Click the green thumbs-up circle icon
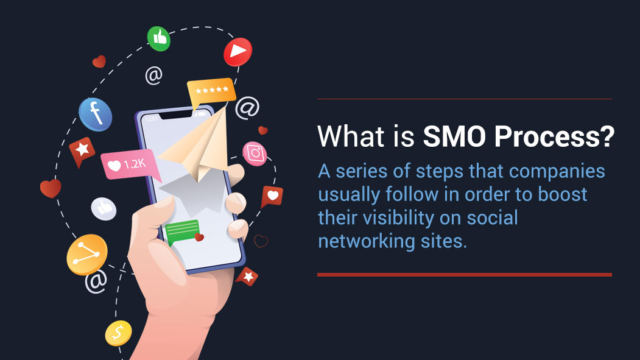(159, 38)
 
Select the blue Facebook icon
(96, 113)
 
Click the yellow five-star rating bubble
(211, 91)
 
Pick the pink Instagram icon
(255, 154)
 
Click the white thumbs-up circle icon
(104, 208)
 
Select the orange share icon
(86, 255)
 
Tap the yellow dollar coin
(118, 333)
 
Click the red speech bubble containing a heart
(272, 197)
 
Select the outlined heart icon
(261, 241)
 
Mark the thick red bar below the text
(464, 275)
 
